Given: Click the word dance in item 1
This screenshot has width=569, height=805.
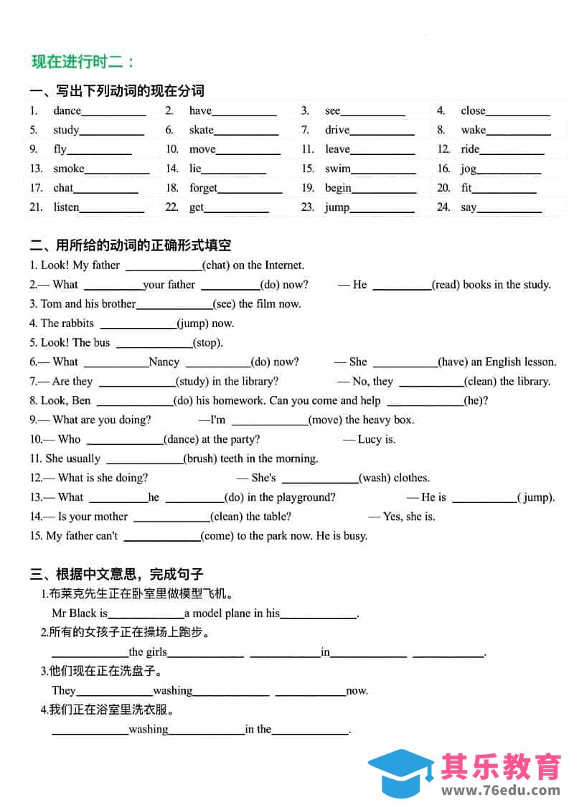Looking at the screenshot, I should click(67, 110).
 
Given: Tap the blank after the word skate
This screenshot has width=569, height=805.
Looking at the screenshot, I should click(246, 131).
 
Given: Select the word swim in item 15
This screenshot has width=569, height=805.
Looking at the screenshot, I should click(337, 169).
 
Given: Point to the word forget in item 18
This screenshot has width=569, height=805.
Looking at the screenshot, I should click(203, 188).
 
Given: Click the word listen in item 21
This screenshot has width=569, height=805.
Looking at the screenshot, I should click(66, 207).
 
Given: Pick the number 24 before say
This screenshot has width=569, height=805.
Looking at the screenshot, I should click(444, 207).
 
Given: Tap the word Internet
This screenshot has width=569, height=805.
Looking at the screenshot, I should click(284, 265).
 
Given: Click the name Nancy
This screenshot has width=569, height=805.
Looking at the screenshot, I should click(164, 362).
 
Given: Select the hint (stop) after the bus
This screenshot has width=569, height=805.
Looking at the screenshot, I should click(208, 343).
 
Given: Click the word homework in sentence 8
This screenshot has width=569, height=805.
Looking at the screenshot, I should click(241, 400).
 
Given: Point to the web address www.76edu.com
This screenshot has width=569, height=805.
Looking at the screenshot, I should click(501, 791).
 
